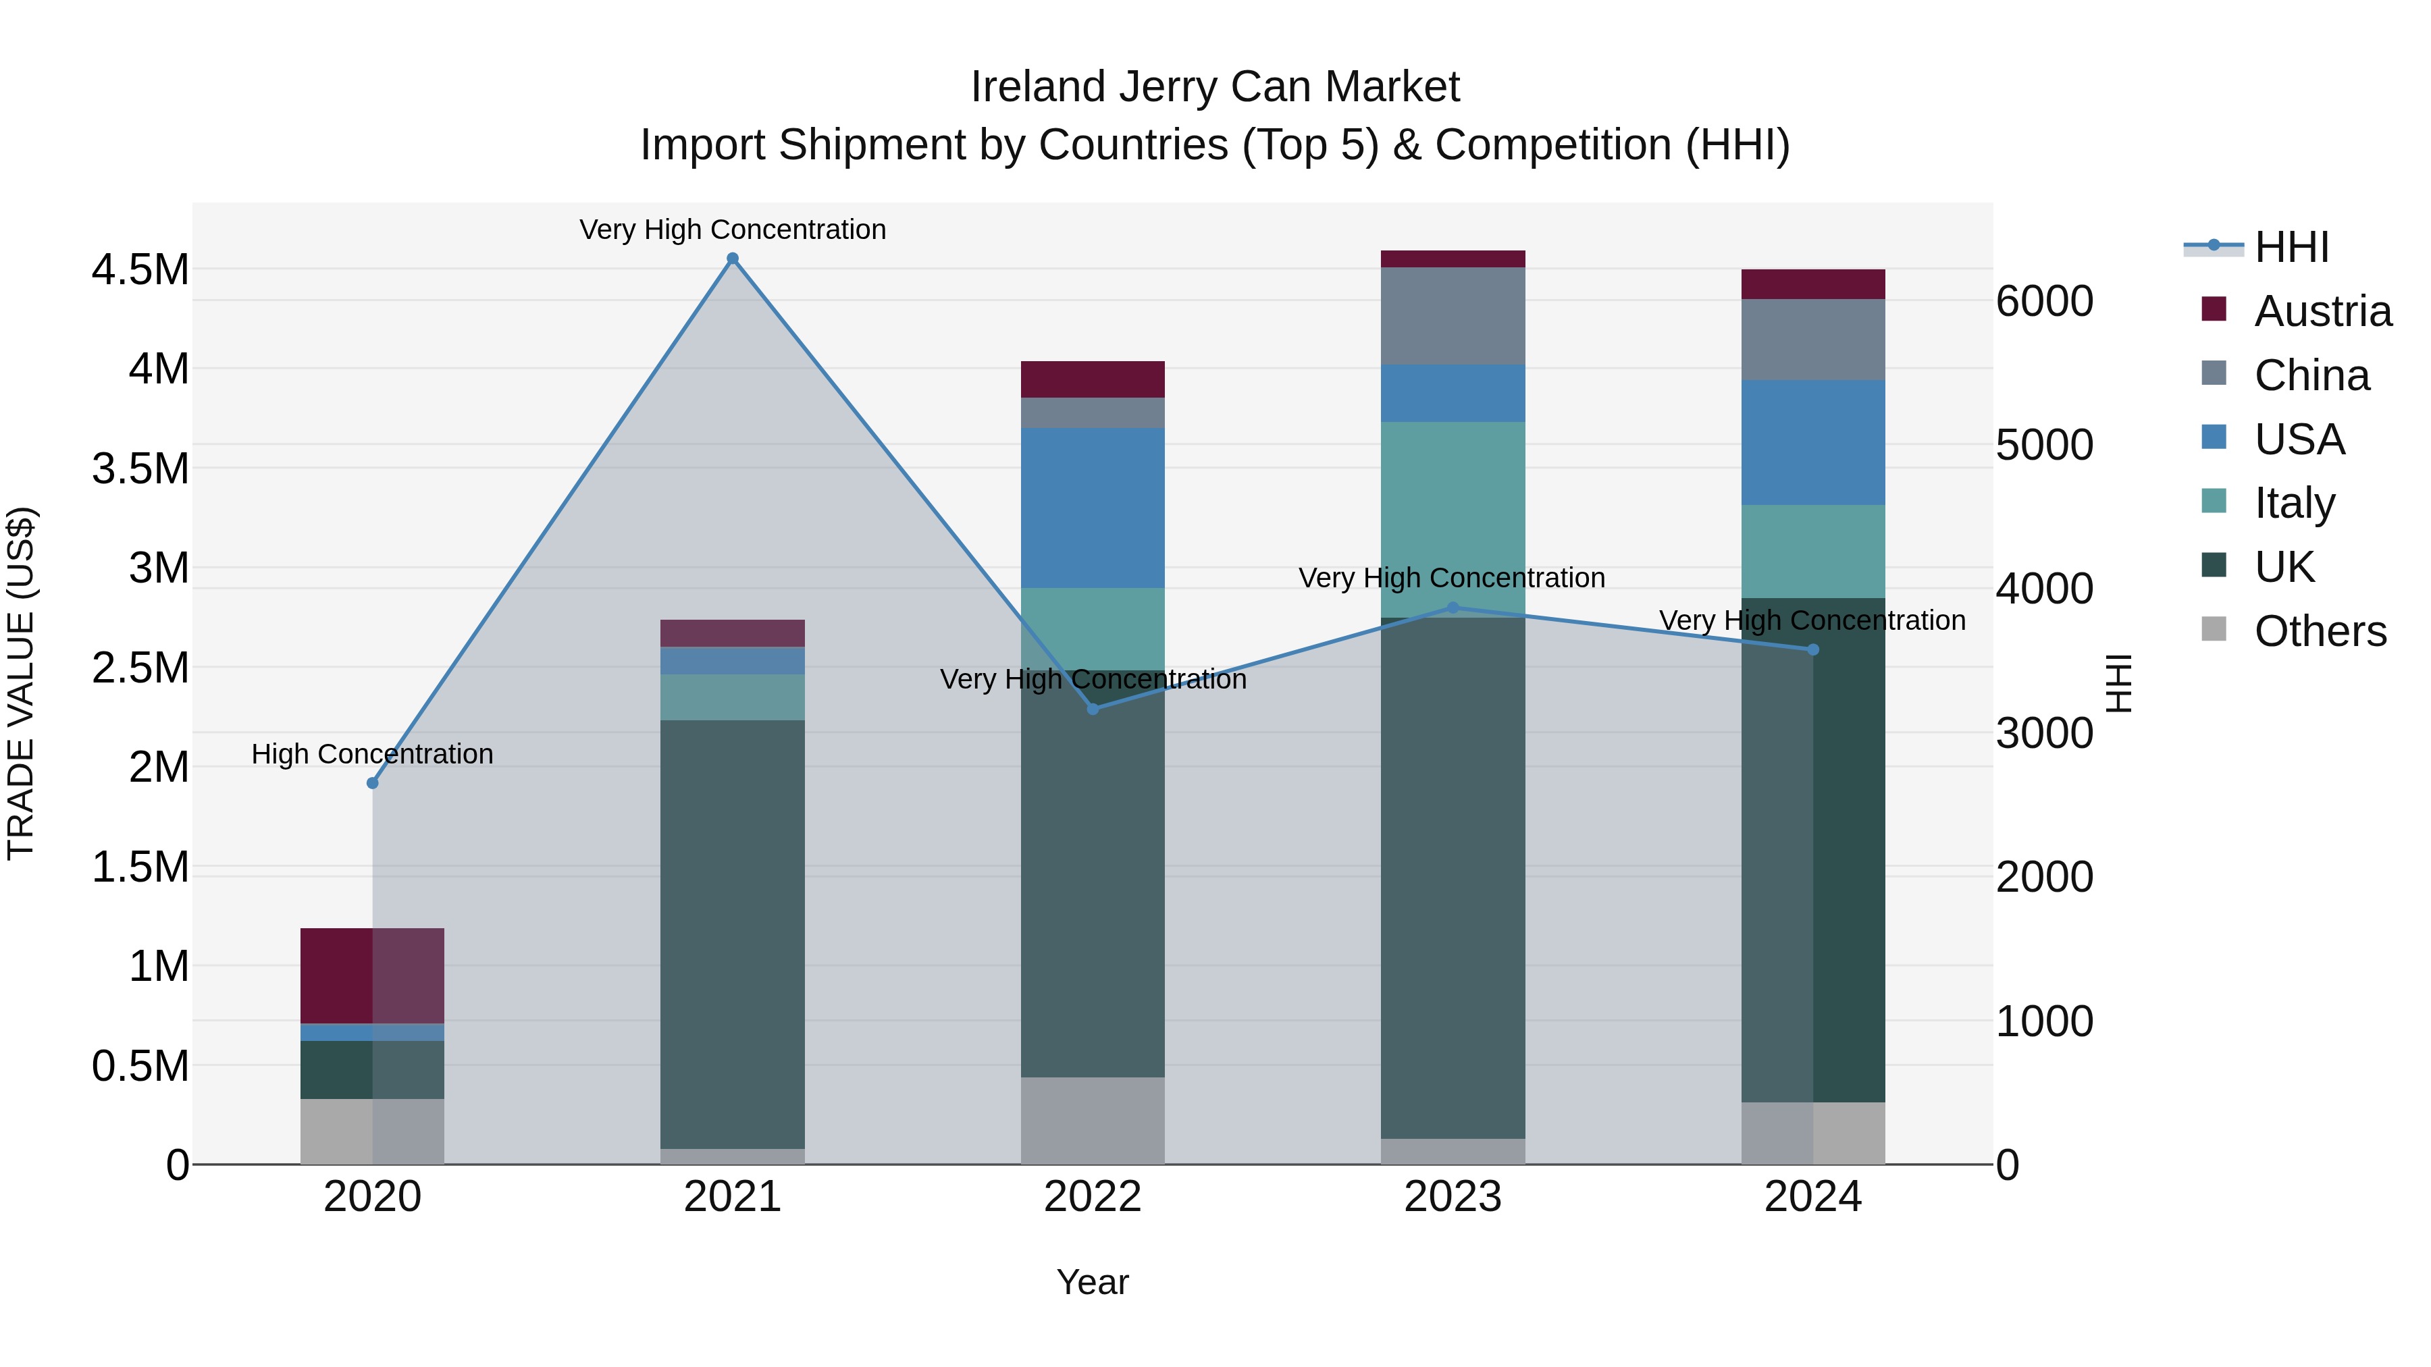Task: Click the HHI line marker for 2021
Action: click(x=732, y=259)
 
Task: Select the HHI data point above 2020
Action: click(x=373, y=783)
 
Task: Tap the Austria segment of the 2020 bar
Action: click(x=372, y=975)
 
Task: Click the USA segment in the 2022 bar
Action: click(x=1093, y=508)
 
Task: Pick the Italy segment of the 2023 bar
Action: click(x=1453, y=519)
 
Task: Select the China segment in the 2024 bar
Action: click(x=1813, y=340)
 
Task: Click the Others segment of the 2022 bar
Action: click(x=1093, y=1121)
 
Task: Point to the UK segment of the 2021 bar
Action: click(x=732, y=934)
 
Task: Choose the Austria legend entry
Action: click(x=2322, y=311)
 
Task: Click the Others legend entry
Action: click(x=2320, y=631)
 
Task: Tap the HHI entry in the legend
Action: click(x=2291, y=247)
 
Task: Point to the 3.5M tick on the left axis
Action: click(x=140, y=469)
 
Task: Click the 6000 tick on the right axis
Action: click(x=2044, y=302)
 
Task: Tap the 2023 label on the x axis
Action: click(x=1453, y=1197)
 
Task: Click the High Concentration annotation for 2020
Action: click(x=372, y=754)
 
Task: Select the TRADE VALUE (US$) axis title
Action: click(x=21, y=683)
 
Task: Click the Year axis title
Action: click(x=1092, y=1282)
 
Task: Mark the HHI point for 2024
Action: click(x=1813, y=649)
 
